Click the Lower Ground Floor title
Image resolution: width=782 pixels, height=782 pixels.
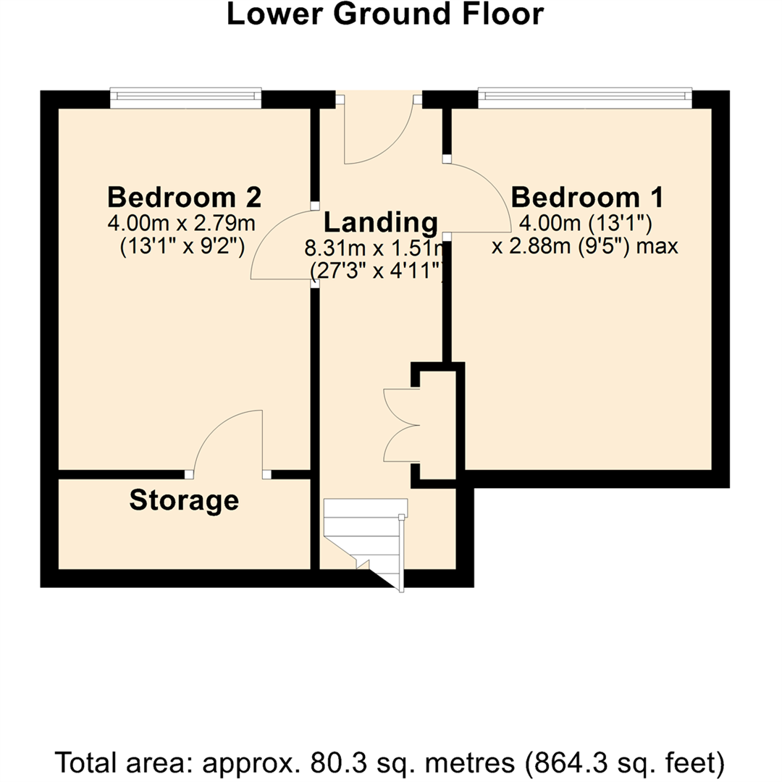tap(384, 14)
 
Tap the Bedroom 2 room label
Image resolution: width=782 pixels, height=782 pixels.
tap(184, 196)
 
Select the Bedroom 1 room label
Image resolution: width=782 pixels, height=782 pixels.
tap(587, 196)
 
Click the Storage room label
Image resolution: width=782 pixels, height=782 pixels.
tap(184, 500)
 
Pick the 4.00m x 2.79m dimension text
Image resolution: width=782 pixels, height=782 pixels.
tap(184, 221)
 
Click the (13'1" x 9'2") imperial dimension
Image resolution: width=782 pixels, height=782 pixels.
tap(184, 245)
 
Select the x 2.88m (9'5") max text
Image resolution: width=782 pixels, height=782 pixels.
tap(584, 246)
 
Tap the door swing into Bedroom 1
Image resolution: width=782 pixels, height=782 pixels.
tap(478, 195)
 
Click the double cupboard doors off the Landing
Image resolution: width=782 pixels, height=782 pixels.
tap(402, 426)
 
